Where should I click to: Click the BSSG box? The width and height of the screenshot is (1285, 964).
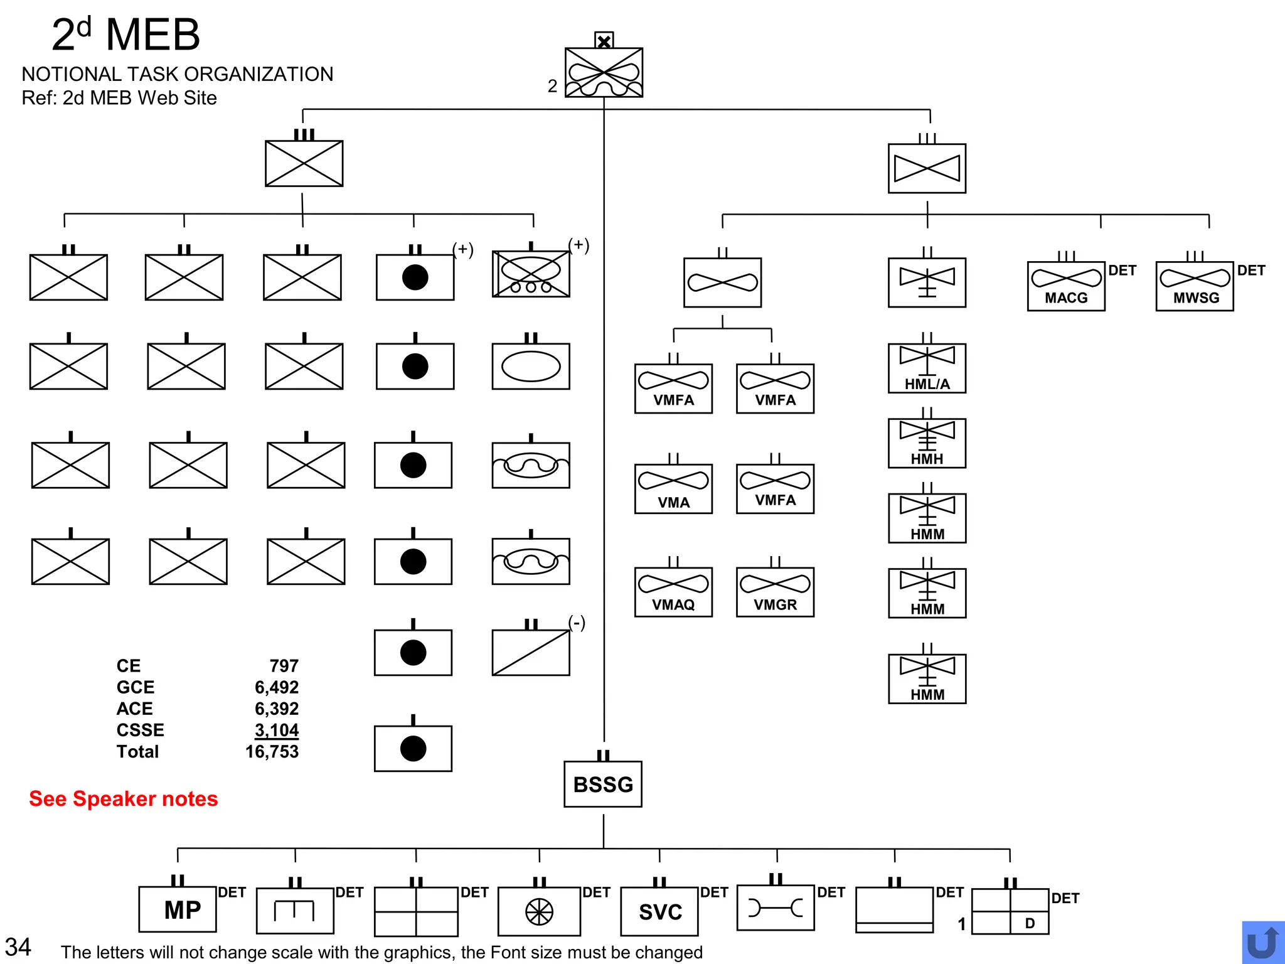(603, 784)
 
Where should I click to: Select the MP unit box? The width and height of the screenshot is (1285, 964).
(178, 909)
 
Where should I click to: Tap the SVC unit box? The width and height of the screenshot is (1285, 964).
(659, 911)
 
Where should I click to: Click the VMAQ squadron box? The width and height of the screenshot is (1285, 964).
(673, 592)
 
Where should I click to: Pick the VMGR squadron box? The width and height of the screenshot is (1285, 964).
(775, 592)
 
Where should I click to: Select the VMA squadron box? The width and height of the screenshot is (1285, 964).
(673, 489)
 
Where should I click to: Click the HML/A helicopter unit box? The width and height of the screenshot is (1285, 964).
(927, 368)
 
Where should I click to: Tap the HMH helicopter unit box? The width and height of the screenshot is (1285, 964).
(927, 444)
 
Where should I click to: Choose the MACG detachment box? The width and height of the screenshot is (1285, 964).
(1066, 286)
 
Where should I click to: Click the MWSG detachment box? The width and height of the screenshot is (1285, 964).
(1195, 286)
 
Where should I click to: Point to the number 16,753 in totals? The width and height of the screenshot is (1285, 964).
(272, 752)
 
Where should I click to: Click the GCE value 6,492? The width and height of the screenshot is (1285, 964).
(276, 687)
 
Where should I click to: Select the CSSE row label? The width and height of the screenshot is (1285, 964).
(140, 730)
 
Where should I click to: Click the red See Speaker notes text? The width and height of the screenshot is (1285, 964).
(123, 799)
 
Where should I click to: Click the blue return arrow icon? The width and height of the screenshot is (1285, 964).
(1262, 943)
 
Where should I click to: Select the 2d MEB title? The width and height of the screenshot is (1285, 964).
(125, 35)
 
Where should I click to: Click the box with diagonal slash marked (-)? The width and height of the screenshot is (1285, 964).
(531, 653)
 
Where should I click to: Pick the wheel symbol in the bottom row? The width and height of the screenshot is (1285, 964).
(539, 912)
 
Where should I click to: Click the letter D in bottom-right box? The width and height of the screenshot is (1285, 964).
(1030, 923)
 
